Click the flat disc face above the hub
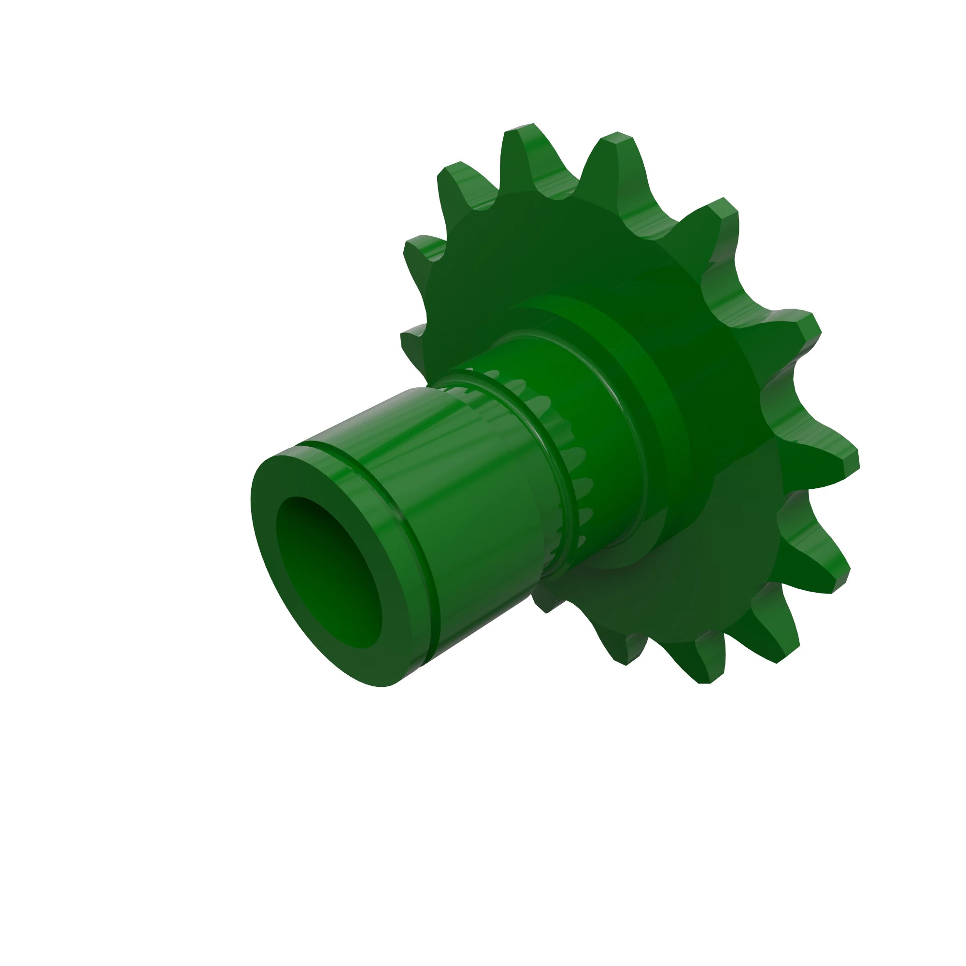pyautogui.click(x=525, y=250)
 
